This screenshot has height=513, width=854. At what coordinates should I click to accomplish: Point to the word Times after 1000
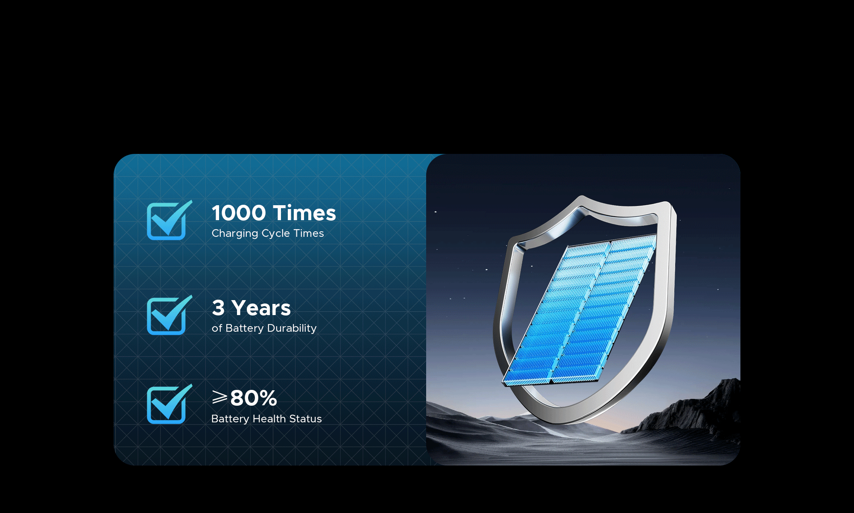(x=304, y=213)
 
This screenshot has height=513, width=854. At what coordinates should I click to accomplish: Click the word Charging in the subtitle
(x=235, y=234)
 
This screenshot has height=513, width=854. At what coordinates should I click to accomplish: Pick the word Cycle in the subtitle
(x=276, y=234)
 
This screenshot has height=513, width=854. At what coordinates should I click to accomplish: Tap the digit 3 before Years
(x=218, y=308)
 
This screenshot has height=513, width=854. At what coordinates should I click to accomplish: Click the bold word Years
(x=261, y=308)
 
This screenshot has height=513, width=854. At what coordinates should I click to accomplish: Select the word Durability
(x=292, y=328)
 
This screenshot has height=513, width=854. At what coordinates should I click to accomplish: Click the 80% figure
(x=254, y=398)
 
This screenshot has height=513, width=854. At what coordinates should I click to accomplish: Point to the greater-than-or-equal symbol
(x=219, y=397)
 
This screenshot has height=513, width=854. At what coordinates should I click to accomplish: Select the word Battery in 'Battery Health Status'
(x=230, y=419)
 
